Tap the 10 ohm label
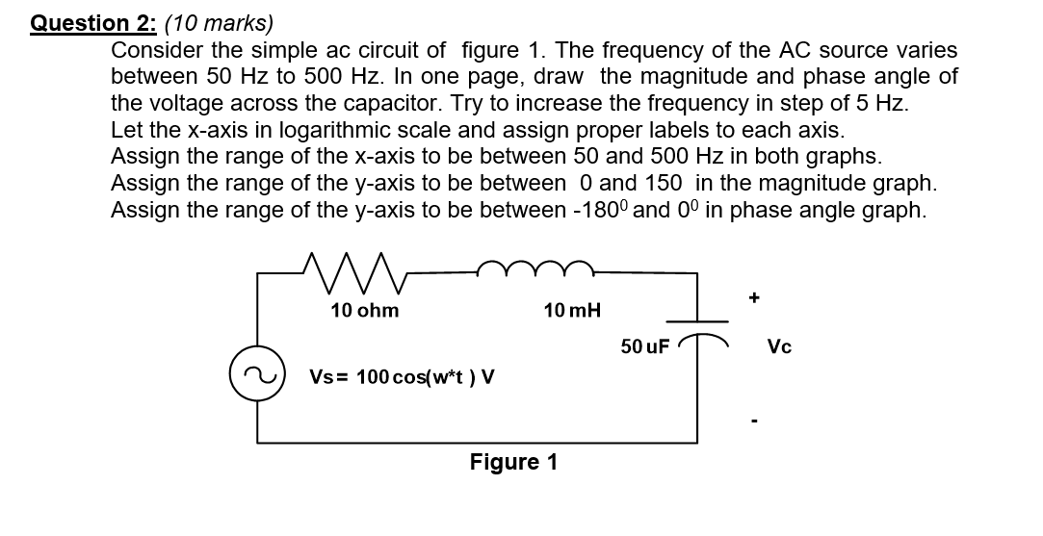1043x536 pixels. pos(364,310)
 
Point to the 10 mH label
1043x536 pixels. pos(572,310)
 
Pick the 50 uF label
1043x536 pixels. pos(644,346)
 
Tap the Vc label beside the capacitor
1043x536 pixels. pos(780,346)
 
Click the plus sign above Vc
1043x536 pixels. pos(754,299)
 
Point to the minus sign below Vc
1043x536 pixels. pos(754,421)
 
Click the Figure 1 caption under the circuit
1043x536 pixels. pos(513,462)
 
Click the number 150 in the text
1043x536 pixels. pos(662,183)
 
